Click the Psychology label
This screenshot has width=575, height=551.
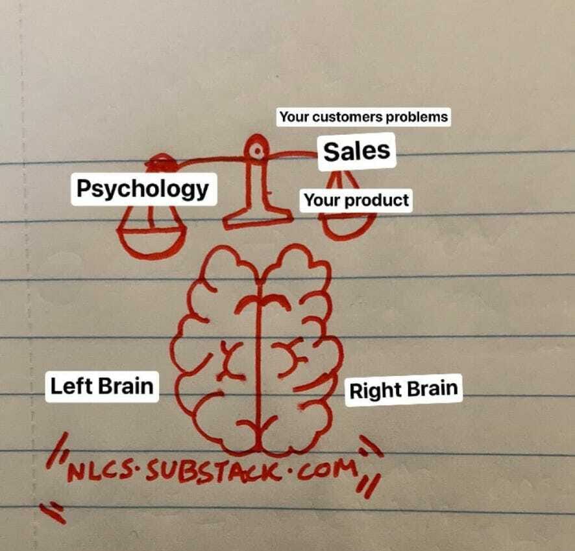coord(142,189)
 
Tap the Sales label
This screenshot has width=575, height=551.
coord(356,151)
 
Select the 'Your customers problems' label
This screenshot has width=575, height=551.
coord(363,117)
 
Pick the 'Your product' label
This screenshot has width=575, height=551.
coord(356,200)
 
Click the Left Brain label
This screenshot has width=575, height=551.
coord(102,386)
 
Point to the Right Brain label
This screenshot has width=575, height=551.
coord(403,390)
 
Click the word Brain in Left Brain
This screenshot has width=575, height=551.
coord(127,386)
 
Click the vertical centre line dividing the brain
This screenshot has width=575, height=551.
coord(261,363)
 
